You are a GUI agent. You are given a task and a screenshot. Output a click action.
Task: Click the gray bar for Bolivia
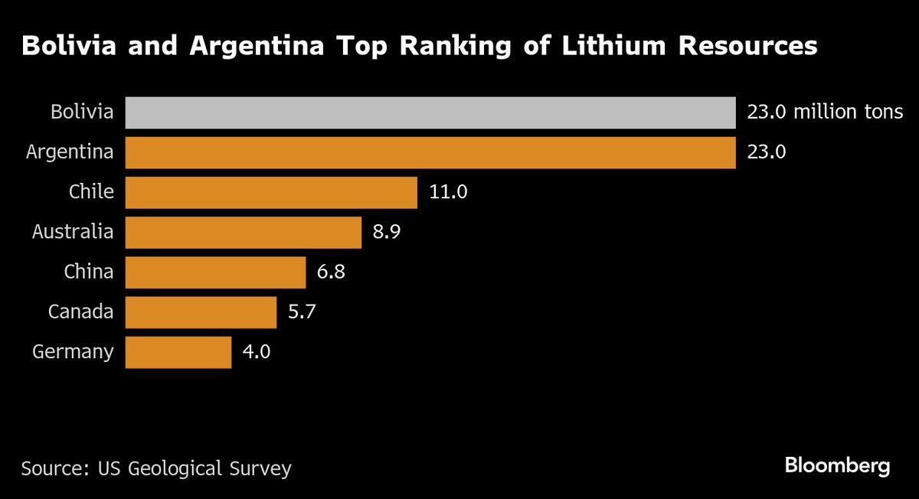point(430,113)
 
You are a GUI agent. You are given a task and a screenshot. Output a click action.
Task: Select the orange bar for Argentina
point(430,152)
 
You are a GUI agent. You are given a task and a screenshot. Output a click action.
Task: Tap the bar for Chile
point(271,192)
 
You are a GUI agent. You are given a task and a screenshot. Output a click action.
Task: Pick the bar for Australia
point(243,232)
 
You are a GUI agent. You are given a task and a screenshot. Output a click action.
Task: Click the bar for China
point(215,272)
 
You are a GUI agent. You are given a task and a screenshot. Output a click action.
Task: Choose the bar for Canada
point(201,311)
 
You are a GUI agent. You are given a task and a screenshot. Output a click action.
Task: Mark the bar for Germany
point(178,351)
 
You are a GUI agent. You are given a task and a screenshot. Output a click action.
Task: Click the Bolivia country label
point(82,113)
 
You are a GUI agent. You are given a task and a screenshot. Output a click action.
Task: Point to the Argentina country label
point(70,152)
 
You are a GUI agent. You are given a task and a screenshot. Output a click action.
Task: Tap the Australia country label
point(73,232)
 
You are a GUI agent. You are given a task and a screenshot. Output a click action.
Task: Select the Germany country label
point(73,352)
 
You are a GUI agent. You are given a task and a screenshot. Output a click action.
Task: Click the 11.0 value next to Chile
point(448,192)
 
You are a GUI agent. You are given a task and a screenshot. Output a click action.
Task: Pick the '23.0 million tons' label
point(824,113)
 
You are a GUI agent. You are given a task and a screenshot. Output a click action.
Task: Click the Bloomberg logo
point(837,465)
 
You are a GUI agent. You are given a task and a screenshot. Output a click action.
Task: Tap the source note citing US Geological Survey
point(156,468)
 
